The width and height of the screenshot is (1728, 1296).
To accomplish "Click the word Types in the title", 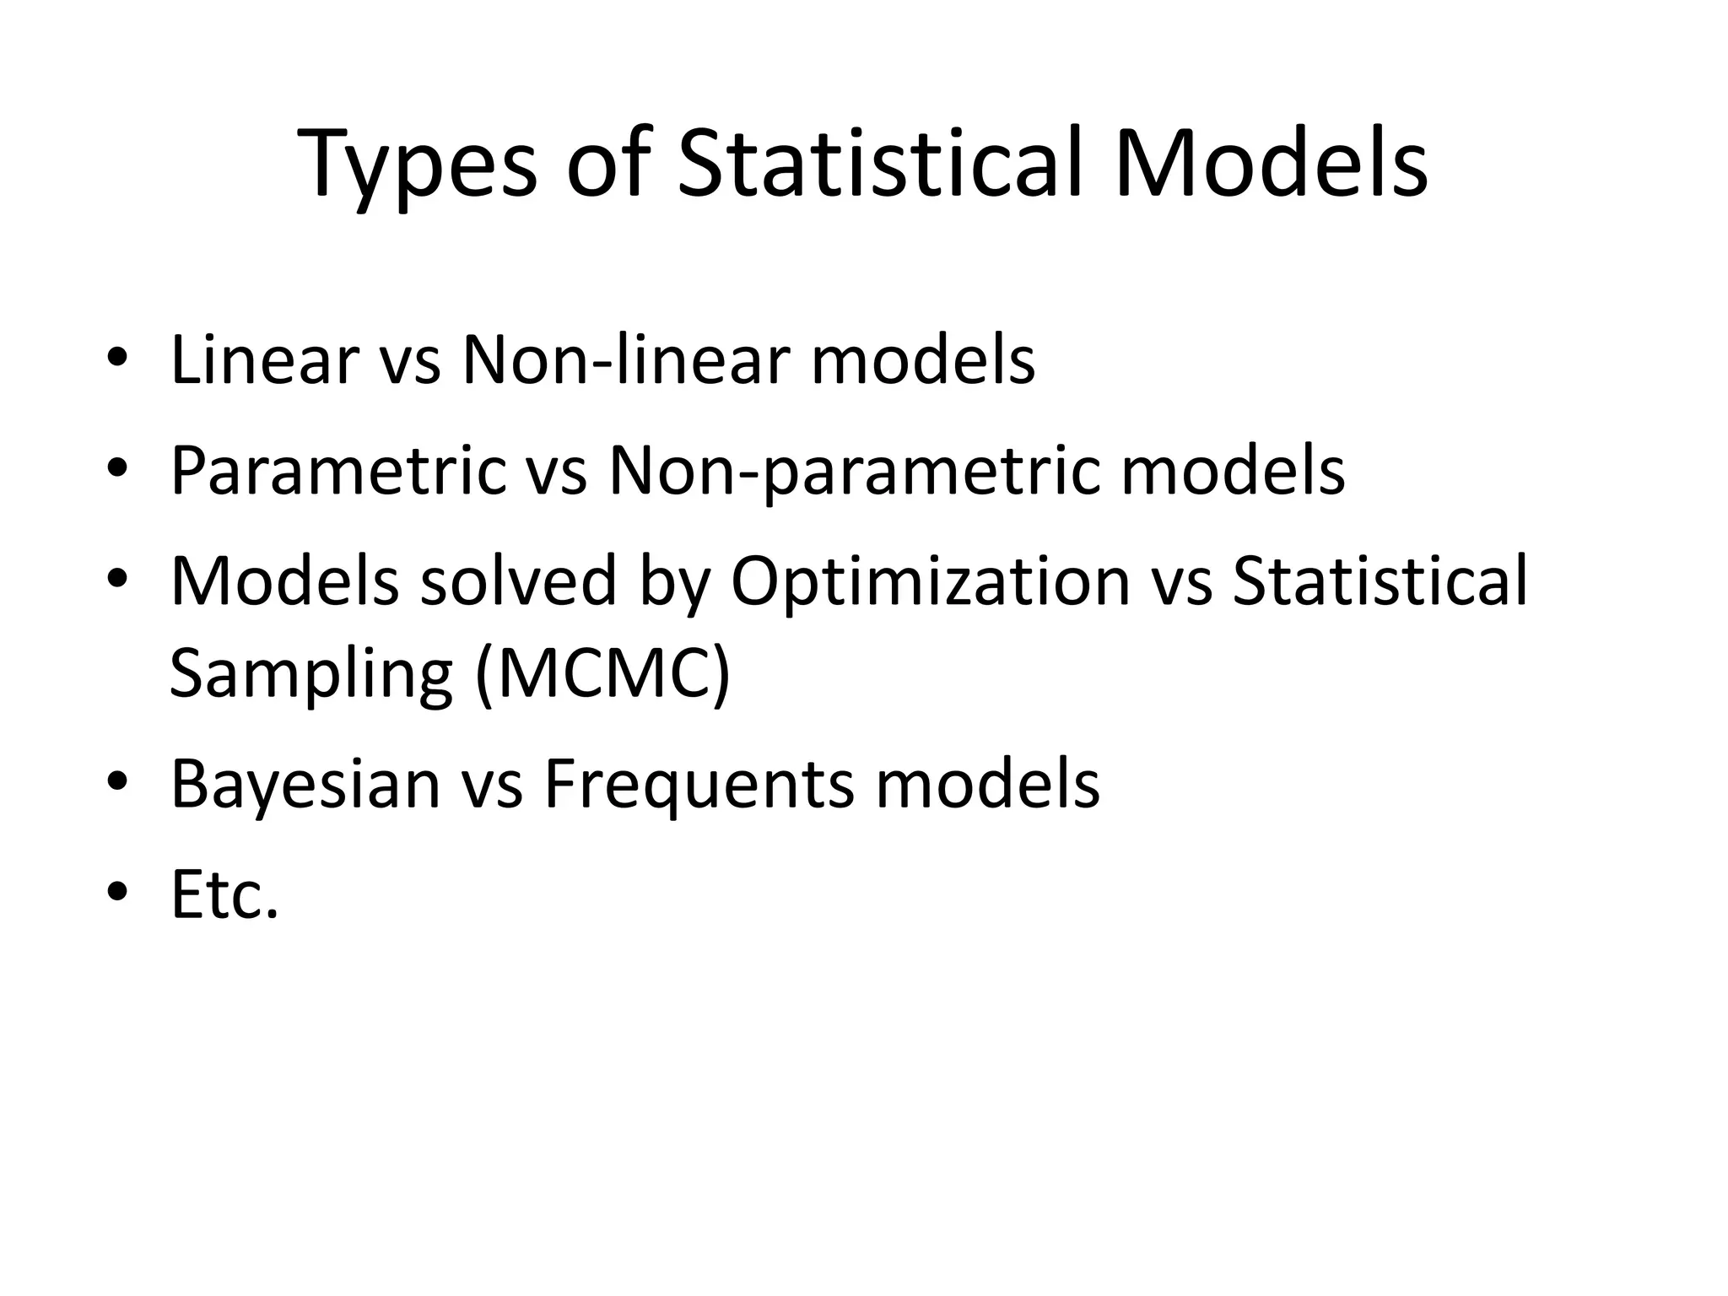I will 417,164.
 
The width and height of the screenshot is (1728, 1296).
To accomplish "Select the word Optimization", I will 929,581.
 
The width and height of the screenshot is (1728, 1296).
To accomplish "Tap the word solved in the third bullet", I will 518,581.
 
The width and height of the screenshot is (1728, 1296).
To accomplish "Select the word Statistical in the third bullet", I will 1380,581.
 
